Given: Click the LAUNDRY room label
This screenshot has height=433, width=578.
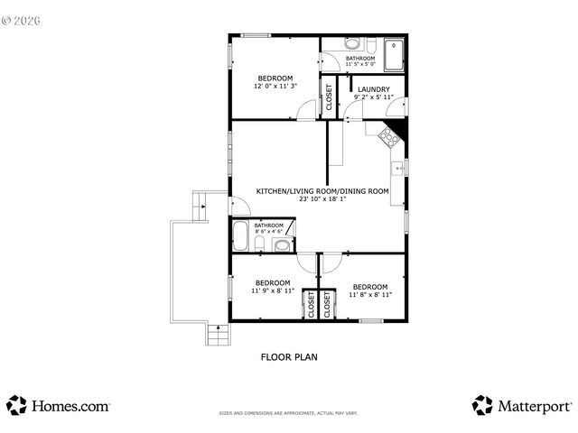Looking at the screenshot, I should pyautogui.click(x=374, y=89).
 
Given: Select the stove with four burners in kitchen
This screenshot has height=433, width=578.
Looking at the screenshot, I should pyautogui.click(x=388, y=137).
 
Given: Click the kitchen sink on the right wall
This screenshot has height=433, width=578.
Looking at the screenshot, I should pyautogui.click(x=397, y=168).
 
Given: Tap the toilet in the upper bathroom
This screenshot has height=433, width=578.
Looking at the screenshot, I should pyautogui.click(x=351, y=45).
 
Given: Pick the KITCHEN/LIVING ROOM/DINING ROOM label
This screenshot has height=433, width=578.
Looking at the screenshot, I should pyautogui.click(x=322, y=191).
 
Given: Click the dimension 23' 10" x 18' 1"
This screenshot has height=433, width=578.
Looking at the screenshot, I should pyautogui.click(x=322, y=199).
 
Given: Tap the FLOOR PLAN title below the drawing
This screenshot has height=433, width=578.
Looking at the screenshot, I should pyautogui.click(x=289, y=356).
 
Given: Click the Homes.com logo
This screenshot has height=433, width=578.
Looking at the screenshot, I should pyautogui.click(x=59, y=406).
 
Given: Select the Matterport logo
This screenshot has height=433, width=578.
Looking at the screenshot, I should pyautogui.click(x=522, y=406).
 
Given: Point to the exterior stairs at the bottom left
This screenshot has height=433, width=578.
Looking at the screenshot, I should pyautogui.click(x=217, y=335).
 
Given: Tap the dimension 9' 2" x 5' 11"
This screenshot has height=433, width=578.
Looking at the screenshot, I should pyautogui.click(x=374, y=97).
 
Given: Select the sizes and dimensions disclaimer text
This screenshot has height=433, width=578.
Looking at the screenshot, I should pyautogui.click(x=288, y=414).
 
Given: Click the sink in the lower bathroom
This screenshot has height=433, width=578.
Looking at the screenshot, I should pyautogui.click(x=282, y=244).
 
